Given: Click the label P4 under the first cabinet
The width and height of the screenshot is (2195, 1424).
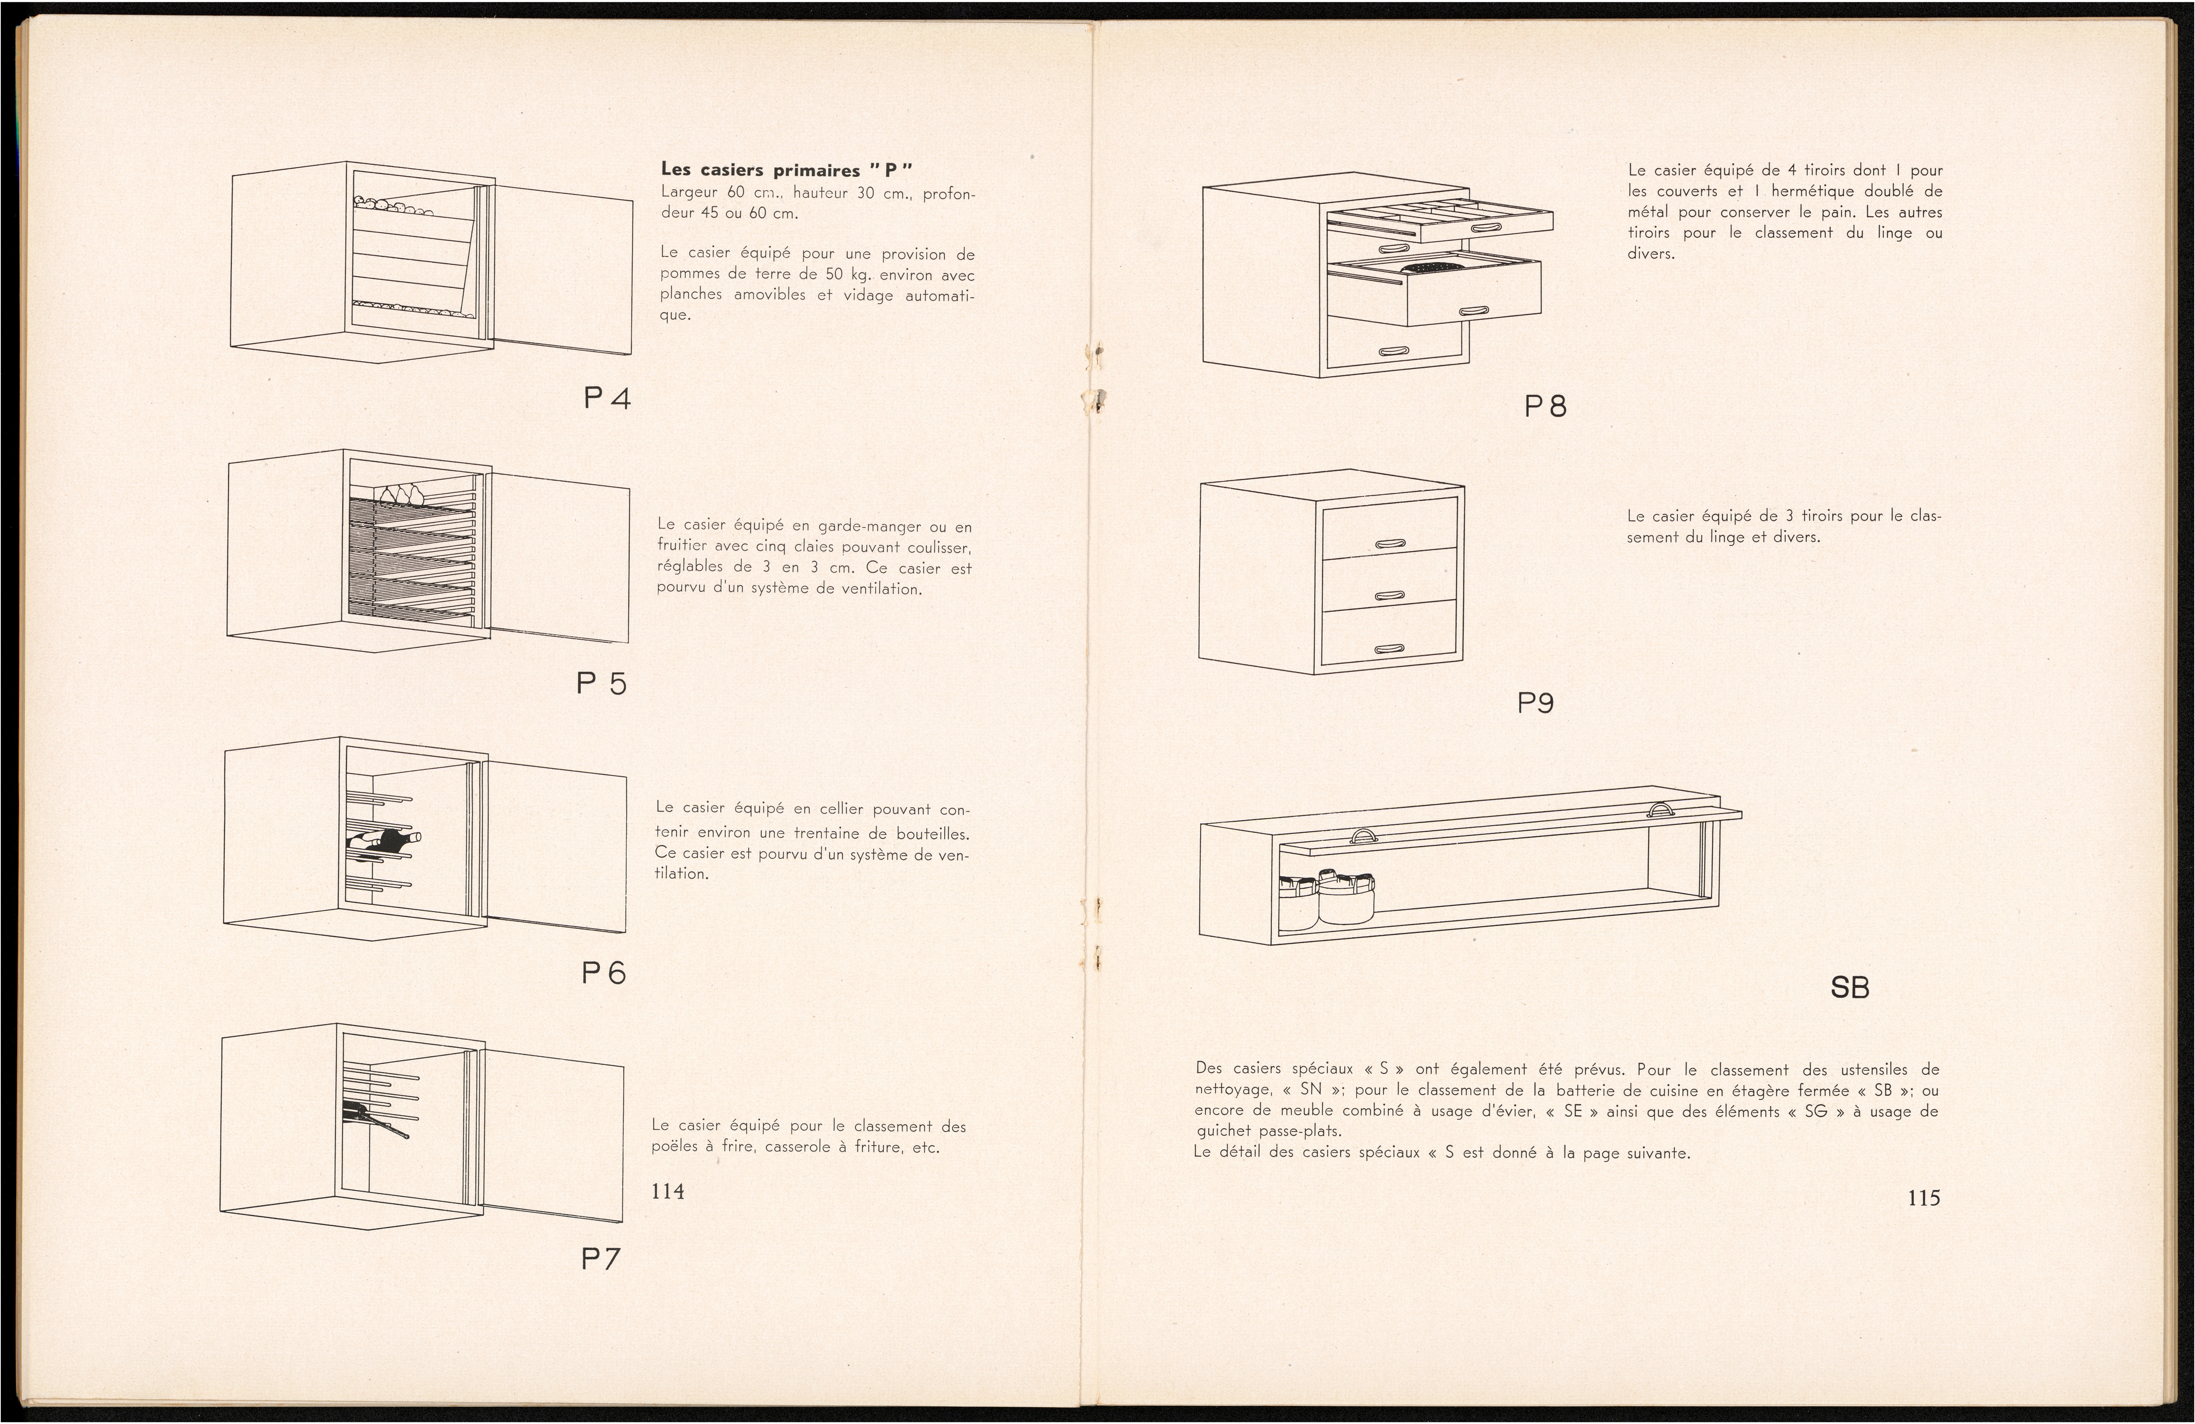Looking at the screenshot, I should [607, 399].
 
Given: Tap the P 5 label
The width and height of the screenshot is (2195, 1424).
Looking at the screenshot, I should [601, 683].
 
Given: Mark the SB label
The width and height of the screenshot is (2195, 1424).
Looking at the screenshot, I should [1849, 988].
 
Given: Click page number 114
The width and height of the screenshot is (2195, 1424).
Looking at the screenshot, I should [668, 1192].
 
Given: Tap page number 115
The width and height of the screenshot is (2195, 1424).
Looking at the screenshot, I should [1924, 1198].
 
